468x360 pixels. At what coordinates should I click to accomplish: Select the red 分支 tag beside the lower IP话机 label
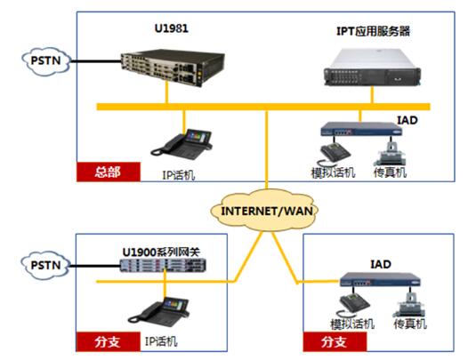pos(107,340)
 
